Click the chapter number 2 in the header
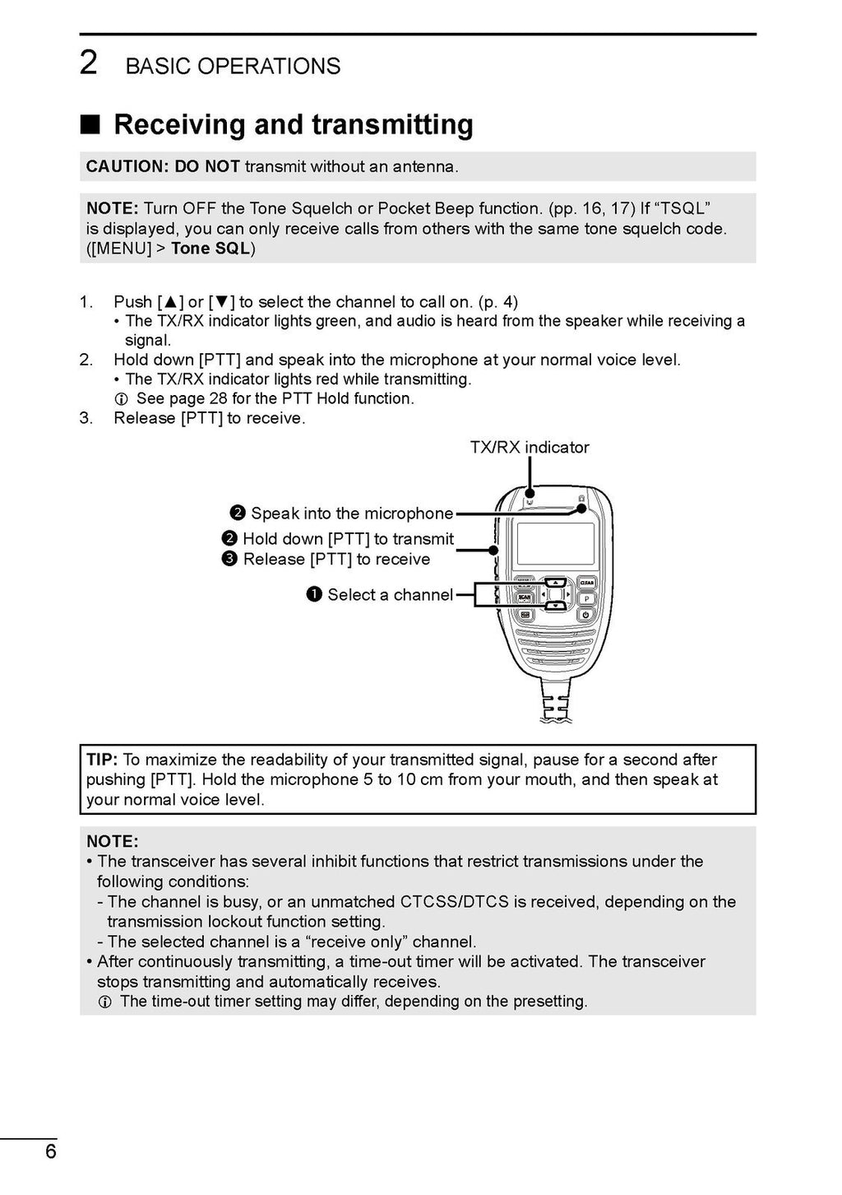coord(88,63)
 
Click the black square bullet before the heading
coord(90,124)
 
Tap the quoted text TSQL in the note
coord(682,208)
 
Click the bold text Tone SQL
coord(210,249)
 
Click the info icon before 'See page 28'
coord(121,399)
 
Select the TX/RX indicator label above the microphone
coord(530,447)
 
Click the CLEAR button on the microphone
coord(587,583)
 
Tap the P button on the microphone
coord(587,598)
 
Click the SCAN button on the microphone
coord(524,597)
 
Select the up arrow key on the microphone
coord(555,581)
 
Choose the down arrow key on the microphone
coord(555,607)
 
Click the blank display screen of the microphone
coord(555,544)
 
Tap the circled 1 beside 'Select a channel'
coord(314,594)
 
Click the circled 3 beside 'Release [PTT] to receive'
coord(229,559)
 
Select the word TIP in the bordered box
coord(102,760)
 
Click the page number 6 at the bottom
coord(51,1151)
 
